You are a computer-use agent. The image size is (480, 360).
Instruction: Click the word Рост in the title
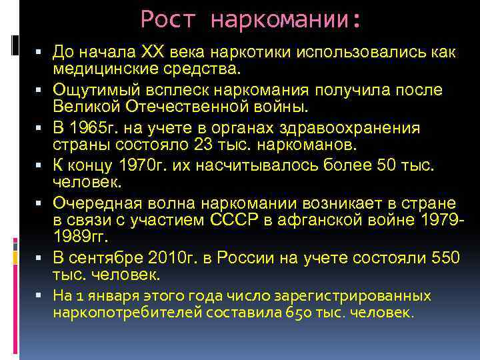[167, 19]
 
